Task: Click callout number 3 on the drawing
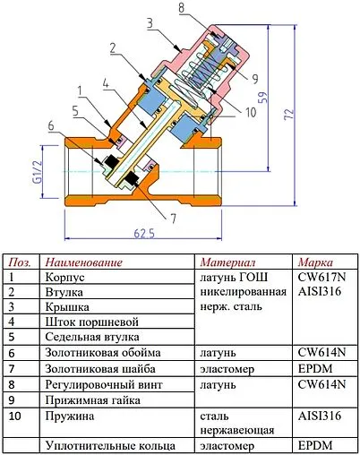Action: [150, 22]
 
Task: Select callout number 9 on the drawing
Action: [254, 78]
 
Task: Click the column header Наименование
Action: [81, 262]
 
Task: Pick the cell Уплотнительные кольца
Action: [102, 444]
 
